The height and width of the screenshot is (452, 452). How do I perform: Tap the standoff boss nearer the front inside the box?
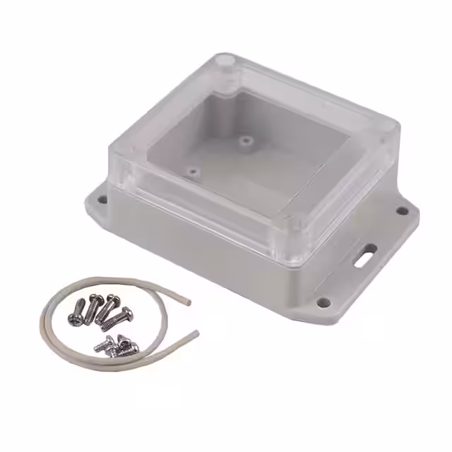pos(193,171)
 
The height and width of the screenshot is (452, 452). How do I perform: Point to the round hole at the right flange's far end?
pos(402,210)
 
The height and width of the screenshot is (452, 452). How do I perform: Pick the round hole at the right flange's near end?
pos(324,302)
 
